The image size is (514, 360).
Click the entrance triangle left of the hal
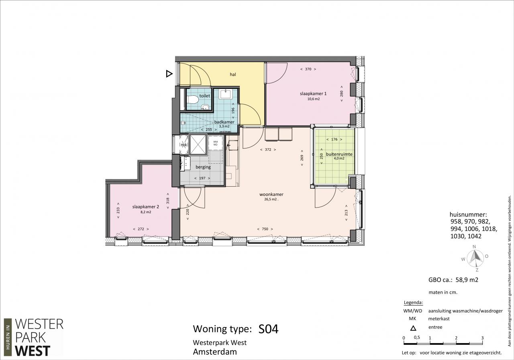(169, 74)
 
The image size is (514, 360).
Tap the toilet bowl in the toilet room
(192, 100)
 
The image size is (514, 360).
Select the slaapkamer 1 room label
(313, 94)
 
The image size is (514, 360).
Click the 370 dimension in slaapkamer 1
(308, 69)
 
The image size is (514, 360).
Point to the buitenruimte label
(339, 154)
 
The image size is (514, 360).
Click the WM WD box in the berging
(215, 143)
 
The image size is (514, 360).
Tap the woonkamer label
(271, 194)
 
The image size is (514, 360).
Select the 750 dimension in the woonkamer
(265, 229)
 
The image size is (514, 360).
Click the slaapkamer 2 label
(145, 207)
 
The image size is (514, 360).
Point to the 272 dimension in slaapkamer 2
(141, 229)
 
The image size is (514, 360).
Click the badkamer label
(224, 122)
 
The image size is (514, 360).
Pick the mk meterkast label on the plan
(184, 145)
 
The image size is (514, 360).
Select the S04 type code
(268, 329)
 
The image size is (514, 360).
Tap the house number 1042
(474, 236)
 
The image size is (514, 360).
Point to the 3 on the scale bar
(483, 338)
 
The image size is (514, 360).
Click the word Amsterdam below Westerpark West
(215, 352)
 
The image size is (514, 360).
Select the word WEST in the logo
(33, 351)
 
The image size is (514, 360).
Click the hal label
(233, 74)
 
